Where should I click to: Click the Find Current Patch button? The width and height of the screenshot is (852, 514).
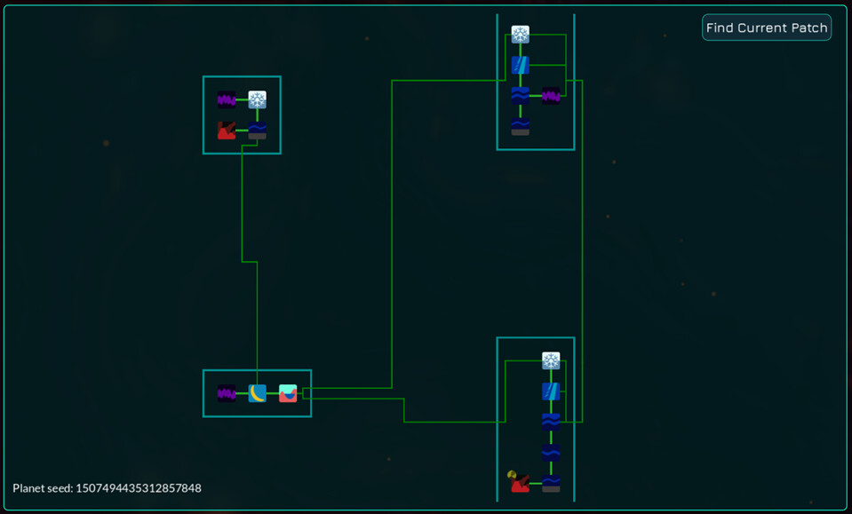(x=767, y=28)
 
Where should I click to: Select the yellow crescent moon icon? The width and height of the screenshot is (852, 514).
(x=257, y=393)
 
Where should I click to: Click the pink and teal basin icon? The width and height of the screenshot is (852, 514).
(x=288, y=393)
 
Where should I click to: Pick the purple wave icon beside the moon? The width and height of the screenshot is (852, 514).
(x=227, y=393)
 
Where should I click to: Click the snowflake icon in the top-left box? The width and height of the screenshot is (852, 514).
(x=257, y=99)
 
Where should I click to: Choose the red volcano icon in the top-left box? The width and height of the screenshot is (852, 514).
(x=227, y=130)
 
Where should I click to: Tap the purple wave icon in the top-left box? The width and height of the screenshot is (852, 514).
(x=227, y=99)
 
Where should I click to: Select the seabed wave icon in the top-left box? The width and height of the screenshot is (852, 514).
(x=257, y=130)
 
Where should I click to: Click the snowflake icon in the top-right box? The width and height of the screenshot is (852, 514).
(x=521, y=35)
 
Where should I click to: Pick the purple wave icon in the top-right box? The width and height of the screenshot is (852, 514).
(x=551, y=95)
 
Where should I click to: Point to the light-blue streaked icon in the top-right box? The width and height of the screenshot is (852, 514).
(x=521, y=65)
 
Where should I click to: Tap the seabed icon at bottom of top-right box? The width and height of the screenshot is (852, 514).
(x=521, y=126)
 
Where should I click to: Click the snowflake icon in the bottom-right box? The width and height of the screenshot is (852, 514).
(x=551, y=360)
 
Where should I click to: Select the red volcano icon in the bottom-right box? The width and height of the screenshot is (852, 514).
(x=521, y=484)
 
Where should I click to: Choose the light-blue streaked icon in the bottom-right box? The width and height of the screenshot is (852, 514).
(x=551, y=391)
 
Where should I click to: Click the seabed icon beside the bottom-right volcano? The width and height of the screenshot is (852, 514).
(x=551, y=484)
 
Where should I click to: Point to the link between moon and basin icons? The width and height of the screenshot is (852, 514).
(x=273, y=393)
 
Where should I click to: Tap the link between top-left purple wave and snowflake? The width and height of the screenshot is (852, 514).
(x=242, y=99)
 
